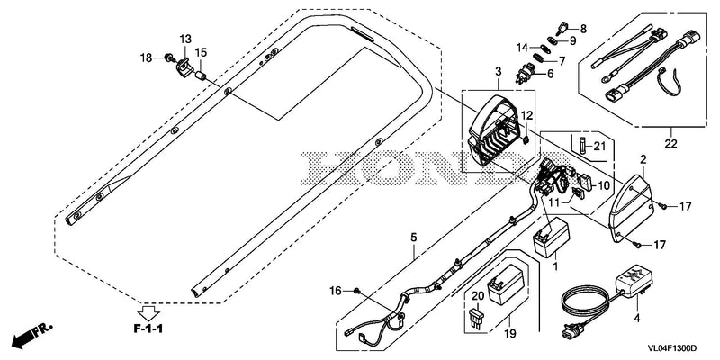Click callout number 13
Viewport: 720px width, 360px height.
click(185, 39)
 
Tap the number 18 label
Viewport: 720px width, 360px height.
click(146, 58)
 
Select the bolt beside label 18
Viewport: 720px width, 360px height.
click(169, 58)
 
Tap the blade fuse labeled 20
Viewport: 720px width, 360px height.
click(476, 319)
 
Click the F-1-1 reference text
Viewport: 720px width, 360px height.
click(148, 328)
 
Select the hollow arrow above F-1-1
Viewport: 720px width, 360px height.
click(148, 312)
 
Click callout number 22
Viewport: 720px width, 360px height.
click(670, 144)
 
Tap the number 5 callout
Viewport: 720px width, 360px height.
click(414, 238)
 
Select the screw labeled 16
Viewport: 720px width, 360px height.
click(356, 291)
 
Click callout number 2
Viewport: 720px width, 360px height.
click(643, 160)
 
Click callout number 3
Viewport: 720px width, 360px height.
click(499, 71)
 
